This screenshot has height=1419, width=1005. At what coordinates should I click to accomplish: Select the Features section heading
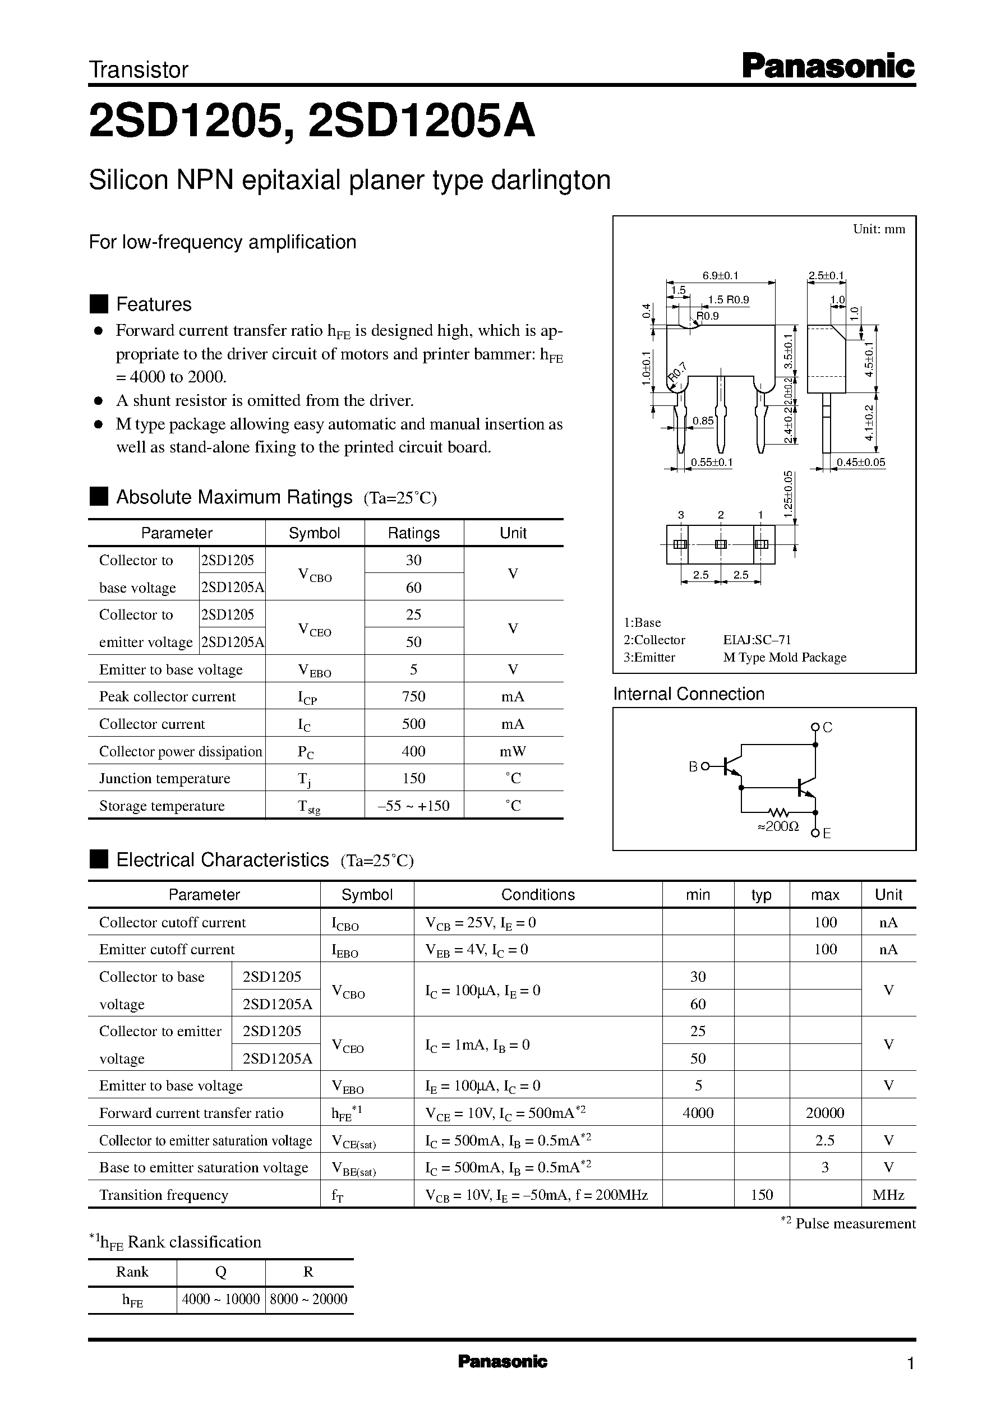154,304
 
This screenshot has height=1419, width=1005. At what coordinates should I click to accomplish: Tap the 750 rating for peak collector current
413,696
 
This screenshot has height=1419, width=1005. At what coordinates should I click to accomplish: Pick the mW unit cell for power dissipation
513,751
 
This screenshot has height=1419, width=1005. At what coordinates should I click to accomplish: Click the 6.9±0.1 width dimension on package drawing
720,275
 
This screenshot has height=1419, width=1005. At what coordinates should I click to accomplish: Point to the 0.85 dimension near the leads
703,420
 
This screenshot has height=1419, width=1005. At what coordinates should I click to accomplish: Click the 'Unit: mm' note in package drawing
879,229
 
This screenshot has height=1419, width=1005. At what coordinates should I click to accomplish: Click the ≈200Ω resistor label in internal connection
778,826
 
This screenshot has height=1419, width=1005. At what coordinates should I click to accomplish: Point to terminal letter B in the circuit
693,766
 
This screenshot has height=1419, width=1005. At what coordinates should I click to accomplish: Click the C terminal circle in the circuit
815,727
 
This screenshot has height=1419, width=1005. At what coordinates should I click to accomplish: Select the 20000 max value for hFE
825,1113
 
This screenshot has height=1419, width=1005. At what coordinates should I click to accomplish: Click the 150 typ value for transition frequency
762,1194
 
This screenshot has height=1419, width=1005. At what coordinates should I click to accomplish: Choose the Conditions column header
538,894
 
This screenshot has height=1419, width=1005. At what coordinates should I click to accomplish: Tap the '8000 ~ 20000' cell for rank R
309,1299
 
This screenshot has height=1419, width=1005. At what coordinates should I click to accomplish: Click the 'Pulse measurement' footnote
855,1223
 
